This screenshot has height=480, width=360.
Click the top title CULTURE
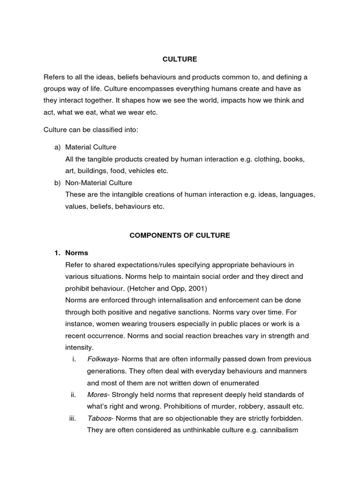click(180, 59)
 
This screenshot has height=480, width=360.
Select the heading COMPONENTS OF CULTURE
click(180, 235)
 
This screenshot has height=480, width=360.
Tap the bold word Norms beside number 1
click(77, 253)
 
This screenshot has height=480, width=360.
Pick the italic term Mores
click(97, 395)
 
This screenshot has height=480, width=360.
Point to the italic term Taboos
click(99, 419)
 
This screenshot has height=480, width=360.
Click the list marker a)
click(58, 147)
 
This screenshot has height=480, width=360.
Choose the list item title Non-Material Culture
click(99, 183)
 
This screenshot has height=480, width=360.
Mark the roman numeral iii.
click(73, 419)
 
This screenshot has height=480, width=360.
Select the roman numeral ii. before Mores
click(73, 395)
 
